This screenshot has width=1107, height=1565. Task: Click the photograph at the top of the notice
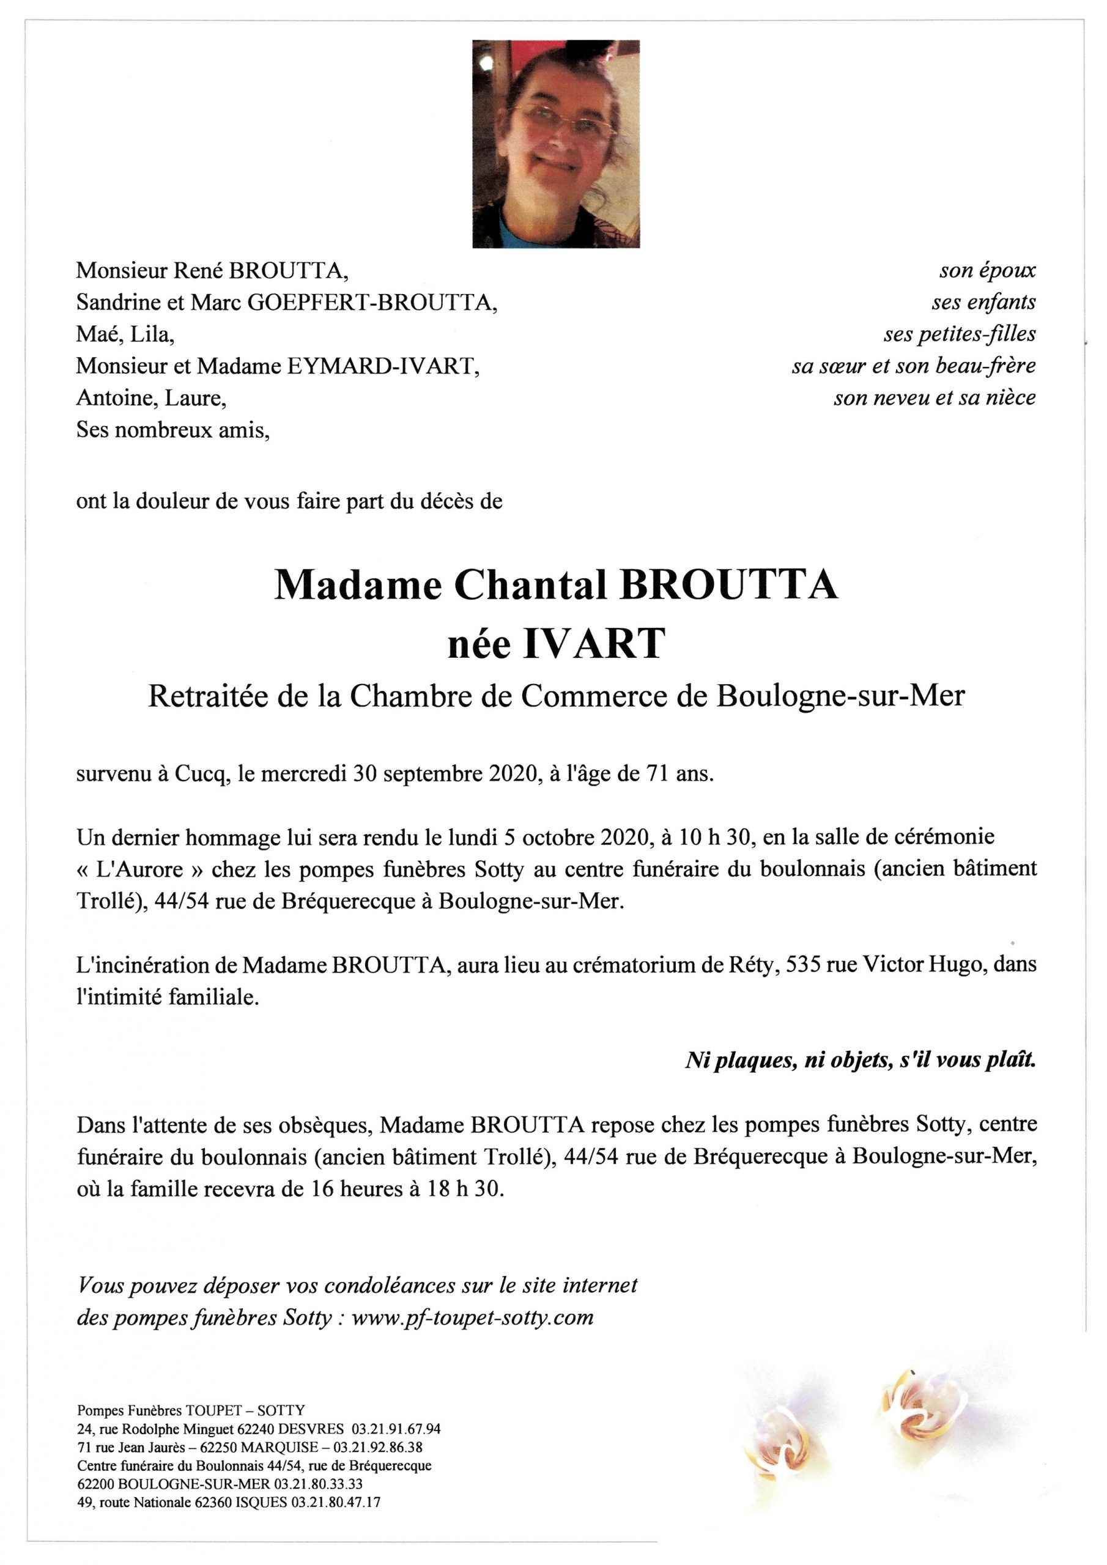tap(555, 144)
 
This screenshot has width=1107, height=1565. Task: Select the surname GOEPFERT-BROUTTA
tap(371, 303)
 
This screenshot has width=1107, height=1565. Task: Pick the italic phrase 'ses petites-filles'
tap(959, 334)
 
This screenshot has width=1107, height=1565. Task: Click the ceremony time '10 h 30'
tap(712, 838)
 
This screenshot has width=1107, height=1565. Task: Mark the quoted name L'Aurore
tap(144, 870)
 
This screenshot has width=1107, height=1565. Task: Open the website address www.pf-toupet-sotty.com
tap(473, 1317)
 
